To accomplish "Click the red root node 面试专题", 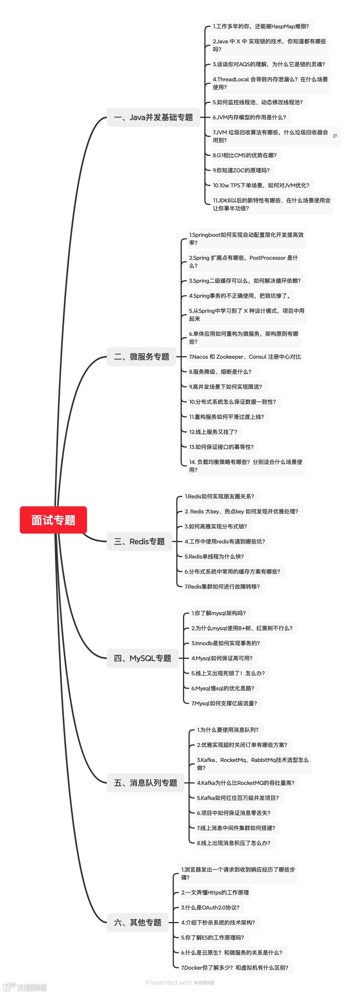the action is click(53, 520).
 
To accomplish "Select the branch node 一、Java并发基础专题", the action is click(153, 117).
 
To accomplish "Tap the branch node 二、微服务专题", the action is click(141, 356).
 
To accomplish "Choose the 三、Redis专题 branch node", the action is click(139, 542).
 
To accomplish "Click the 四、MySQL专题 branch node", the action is click(142, 658).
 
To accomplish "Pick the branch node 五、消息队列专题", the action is click(145, 783).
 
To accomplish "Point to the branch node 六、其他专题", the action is click(137, 922).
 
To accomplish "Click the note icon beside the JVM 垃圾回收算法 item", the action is click(335, 136).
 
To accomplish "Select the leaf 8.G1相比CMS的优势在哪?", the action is click(245, 155).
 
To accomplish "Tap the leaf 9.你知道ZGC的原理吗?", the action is click(241, 170).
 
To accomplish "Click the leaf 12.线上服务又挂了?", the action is click(213, 432).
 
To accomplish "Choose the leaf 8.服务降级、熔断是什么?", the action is click(220, 371).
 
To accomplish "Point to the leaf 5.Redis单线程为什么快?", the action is click(214, 557).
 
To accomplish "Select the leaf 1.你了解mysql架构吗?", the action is click(218, 613).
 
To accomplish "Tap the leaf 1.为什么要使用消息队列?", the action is click(228, 730).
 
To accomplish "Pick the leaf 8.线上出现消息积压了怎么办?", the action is click(233, 843).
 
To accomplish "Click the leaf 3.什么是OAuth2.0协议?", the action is click(210, 907).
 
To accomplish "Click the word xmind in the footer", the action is click(204, 982).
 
